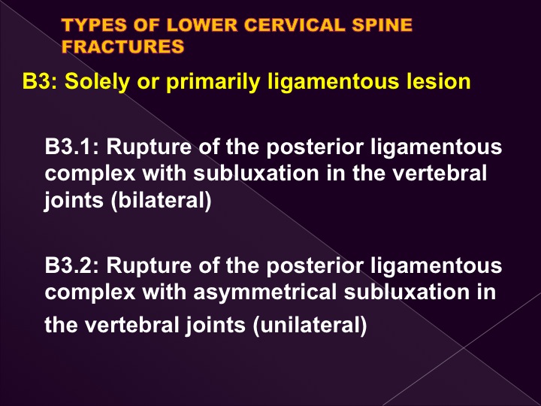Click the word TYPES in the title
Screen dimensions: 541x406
pyautogui.click(x=94, y=26)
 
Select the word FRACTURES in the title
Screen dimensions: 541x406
pyautogui.click(x=122, y=47)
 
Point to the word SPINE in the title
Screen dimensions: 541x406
pyautogui.click(x=382, y=26)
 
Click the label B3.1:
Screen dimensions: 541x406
pyautogui.click(x=72, y=147)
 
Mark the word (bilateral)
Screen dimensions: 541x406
pyautogui.click(x=161, y=200)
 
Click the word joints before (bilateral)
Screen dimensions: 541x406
pyautogui.click(x=74, y=201)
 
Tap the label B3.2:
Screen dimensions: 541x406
pyautogui.click(x=72, y=266)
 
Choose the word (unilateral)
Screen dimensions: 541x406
pyautogui.click(x=310, y=326)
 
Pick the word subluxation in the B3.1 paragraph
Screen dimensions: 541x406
pyautogui.click(x=256, y=173)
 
